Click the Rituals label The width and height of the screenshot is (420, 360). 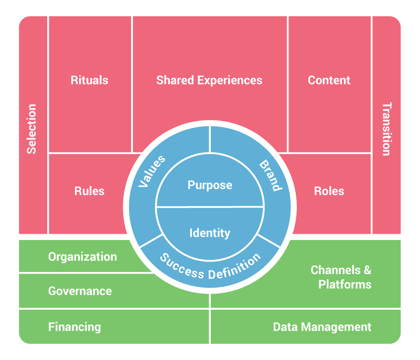coord(89,80)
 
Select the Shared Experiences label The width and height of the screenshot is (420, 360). coord(209,80)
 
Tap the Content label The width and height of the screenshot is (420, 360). coord(329,80)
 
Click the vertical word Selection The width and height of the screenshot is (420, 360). coord(32,129)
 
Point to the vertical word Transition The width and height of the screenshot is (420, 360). coord(386,129)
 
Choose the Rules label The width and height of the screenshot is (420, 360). coord(89,191)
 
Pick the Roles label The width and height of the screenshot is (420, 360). coord(329,191)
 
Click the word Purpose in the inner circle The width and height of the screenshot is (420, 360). coord(210,185)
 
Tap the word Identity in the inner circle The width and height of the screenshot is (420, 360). coord(210,233)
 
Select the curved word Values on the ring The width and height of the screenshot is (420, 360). coord(152,171)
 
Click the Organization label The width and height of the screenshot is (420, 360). coord(82,257)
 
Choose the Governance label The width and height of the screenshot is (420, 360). coord(80,291)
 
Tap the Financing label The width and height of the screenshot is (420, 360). coord(74,327)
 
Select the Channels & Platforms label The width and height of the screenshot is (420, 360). coord(341,277)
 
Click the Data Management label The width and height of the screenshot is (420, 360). coord(322,327)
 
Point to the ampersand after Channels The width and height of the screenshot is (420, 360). coord(367,270)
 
